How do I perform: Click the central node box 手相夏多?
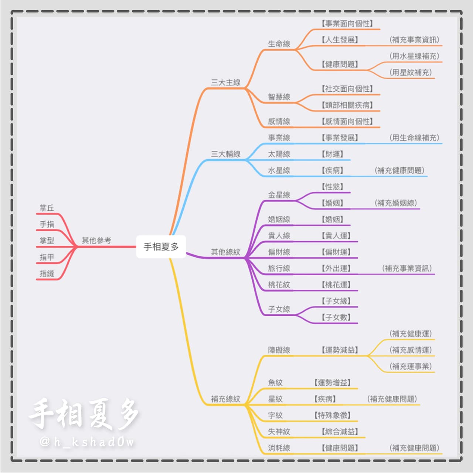click(161, 247)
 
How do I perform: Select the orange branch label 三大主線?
click(225, 82)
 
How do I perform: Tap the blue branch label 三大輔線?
click(225, 154)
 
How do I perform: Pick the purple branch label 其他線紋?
click(225, 252)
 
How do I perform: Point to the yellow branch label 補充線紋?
click(225, 399)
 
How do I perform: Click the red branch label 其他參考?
click(96, 241)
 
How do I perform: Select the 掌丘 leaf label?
click(47, 208)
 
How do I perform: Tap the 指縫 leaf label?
click(47, 273)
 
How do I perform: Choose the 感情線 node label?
click(279, 122)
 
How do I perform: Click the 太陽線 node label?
click(279, 154)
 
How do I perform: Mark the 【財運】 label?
click(333, 154)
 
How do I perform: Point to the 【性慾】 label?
click(333, 187)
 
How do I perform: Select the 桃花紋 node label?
click(279, 285)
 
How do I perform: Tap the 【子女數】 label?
click(336, 317)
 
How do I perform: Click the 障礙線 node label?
click(279, 350)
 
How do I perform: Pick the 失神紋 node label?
click(279, 432)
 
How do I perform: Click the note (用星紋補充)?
click(411, 72)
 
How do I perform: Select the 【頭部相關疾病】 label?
click(347, 105)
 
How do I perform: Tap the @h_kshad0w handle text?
click(87, 442)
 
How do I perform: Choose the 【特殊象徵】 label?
click(333, 415)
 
